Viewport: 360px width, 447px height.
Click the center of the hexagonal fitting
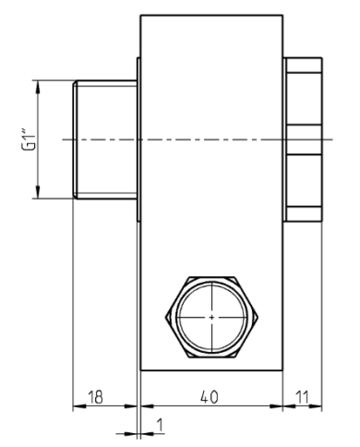tap(211, 317)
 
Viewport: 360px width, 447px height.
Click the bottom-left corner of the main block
tap(140, 370)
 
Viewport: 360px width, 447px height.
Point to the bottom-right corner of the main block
tap(284, 370)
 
